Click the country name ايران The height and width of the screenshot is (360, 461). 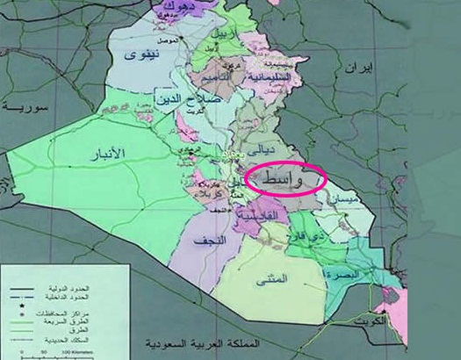(361, 68)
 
